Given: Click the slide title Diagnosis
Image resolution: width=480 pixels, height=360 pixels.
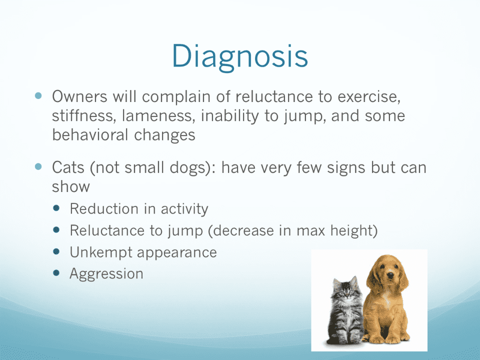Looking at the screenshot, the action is (239, 57).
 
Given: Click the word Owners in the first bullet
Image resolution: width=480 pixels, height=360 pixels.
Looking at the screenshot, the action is (79, 96).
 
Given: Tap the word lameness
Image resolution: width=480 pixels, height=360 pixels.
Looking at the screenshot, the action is (158, 115).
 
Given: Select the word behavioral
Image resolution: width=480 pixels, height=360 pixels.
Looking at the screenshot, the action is (90, 134).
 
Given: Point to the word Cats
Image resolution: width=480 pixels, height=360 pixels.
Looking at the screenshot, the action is (68, 167).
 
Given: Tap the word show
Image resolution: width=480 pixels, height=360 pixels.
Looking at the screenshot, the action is (70, 186).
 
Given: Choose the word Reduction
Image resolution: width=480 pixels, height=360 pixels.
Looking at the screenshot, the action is (104, 209).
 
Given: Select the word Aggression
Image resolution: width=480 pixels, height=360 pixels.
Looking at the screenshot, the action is (106, 274).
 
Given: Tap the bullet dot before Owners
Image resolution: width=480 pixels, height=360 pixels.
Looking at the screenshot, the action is (38, 95).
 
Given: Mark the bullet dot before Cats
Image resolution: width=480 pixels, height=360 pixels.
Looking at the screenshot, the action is (38, 167).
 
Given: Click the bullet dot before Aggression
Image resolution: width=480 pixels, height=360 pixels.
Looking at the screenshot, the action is (56, 273).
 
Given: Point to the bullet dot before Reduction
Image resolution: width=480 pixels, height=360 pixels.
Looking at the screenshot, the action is (56, 208).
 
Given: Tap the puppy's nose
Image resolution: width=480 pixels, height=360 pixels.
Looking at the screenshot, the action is (389, 276).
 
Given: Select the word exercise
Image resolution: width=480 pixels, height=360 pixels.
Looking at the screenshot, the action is (369, 96).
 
